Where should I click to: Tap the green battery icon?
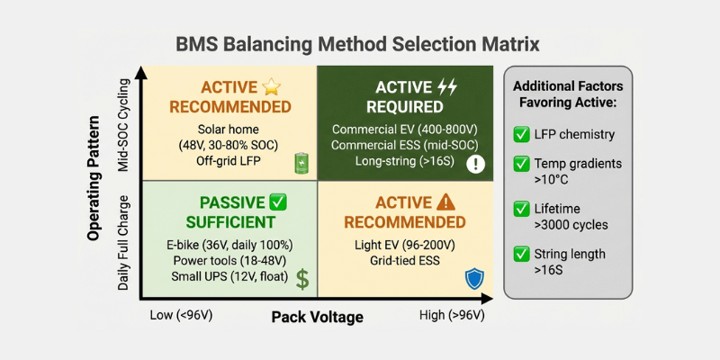coord(301,163)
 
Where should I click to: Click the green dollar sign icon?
coord(302,278)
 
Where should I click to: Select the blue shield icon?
coord(473,279)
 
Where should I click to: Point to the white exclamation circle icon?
coord(476,164)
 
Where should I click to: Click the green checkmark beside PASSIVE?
coord(277,202)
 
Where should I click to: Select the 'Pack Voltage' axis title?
coord(317,317)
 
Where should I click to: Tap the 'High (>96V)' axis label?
coord(451,316)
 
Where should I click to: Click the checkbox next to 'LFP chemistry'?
coord(521,135)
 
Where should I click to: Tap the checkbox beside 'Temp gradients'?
coord(521,164)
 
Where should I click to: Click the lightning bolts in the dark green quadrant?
coord(447,87)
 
